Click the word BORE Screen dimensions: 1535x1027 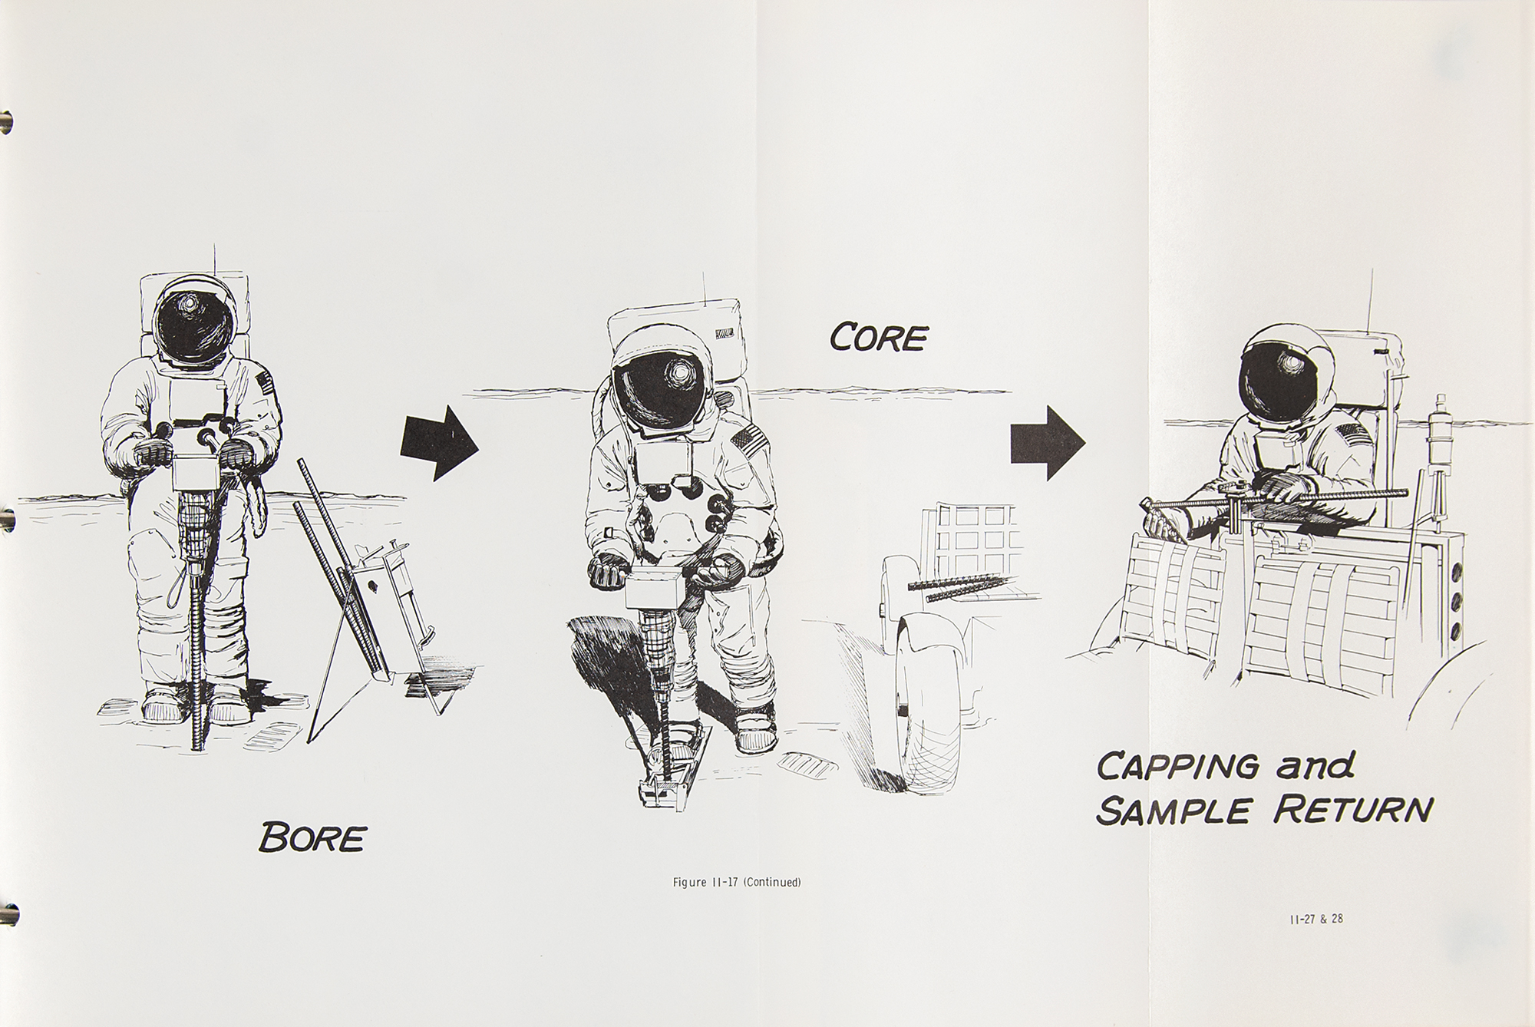pos(312,837)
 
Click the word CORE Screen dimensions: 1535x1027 pos(878,337)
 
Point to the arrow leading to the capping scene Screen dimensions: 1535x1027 pos(1048,443)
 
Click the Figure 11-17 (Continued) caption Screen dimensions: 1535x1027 pos(737,882)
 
